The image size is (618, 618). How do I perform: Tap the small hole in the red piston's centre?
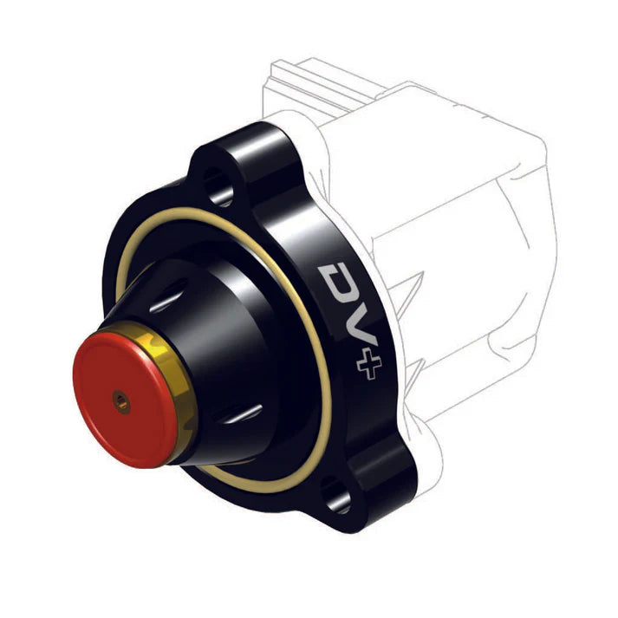coord(120,400)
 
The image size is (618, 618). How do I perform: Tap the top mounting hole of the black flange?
coord(217,187)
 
